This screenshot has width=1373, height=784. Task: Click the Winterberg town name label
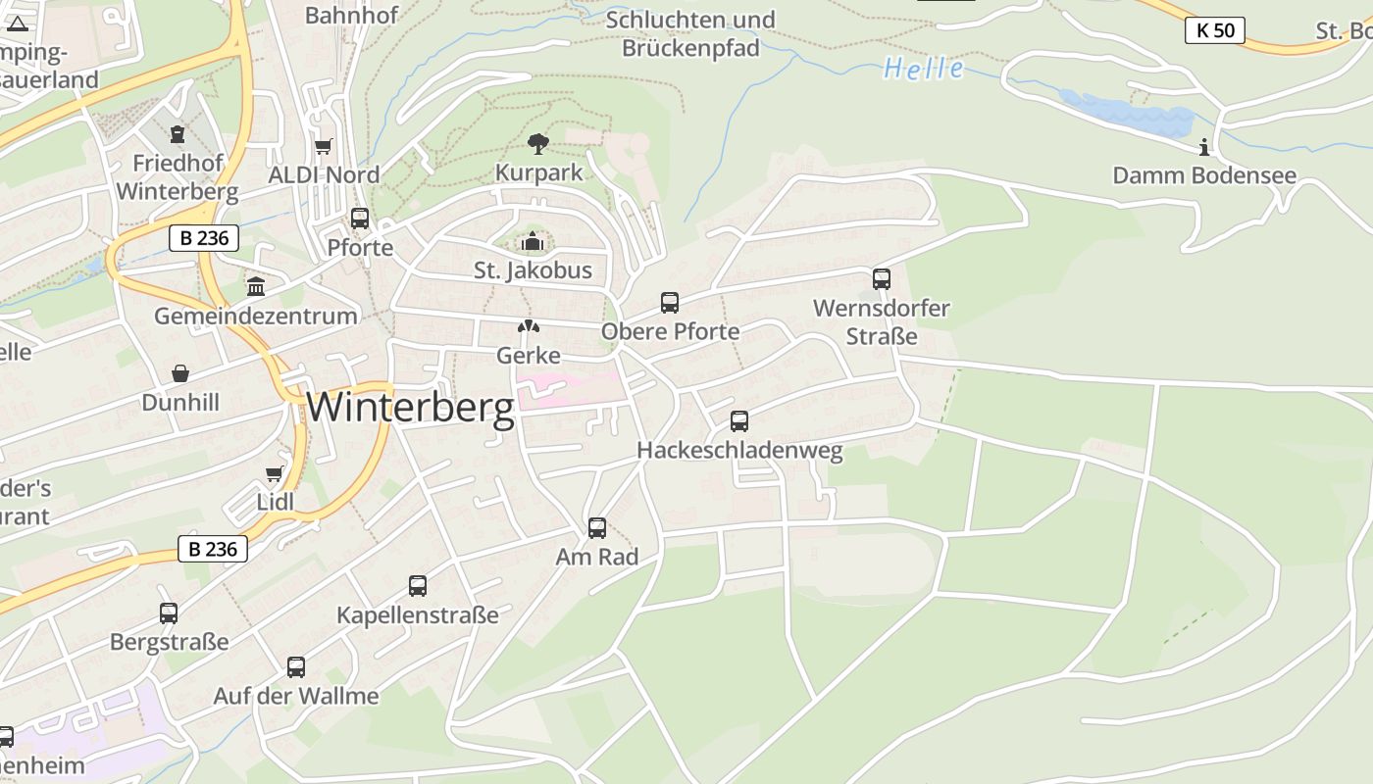(410, 407)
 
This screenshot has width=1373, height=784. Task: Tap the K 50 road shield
(1215, 30)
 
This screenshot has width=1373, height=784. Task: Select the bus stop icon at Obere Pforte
(670, 303)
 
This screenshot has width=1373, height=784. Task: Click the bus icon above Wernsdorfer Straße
(882, 279)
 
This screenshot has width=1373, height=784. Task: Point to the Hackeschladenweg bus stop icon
(739, 421)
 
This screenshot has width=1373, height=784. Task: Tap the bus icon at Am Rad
(597, 528)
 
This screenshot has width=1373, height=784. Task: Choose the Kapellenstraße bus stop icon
(418, 586)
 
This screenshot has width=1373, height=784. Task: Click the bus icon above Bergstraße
(169, 613)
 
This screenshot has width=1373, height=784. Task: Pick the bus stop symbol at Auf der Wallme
(296, 667)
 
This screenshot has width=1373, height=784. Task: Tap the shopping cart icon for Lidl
(275, 474)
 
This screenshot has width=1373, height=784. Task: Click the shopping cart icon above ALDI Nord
(324, 146)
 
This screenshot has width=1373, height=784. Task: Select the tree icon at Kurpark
(537, 144)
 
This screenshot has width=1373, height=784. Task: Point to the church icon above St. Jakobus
(533, 241)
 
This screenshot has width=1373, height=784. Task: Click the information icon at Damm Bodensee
(1204, 148)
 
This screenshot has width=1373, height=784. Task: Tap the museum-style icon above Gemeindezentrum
(256, 287)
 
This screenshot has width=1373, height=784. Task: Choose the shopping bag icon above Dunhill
(180, 373)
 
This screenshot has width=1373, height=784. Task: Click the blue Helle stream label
(923, 69)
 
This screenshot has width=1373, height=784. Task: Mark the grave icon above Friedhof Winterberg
(178, 134)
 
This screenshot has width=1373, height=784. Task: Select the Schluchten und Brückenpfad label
(690, 33)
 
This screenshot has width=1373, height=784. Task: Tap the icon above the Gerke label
(529, 326)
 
